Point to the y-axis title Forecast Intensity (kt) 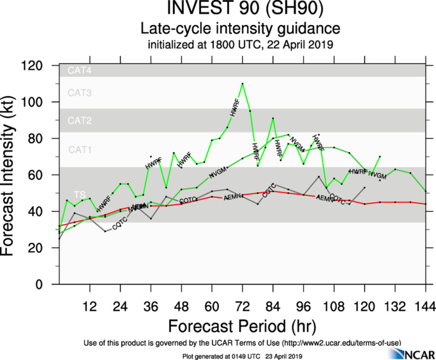11,175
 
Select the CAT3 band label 80,94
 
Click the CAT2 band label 80,120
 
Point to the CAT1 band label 80,150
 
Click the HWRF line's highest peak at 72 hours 242,84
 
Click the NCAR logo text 418,354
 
